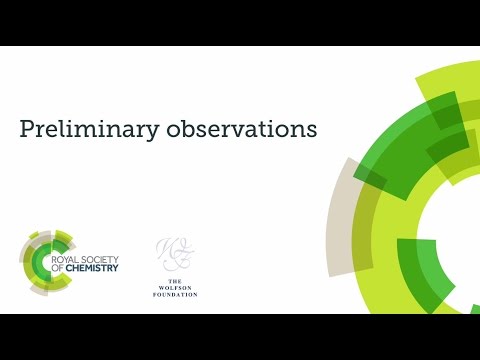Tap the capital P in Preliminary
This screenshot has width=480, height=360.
point(28,130)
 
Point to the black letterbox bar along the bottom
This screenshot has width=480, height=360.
point(240,337)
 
